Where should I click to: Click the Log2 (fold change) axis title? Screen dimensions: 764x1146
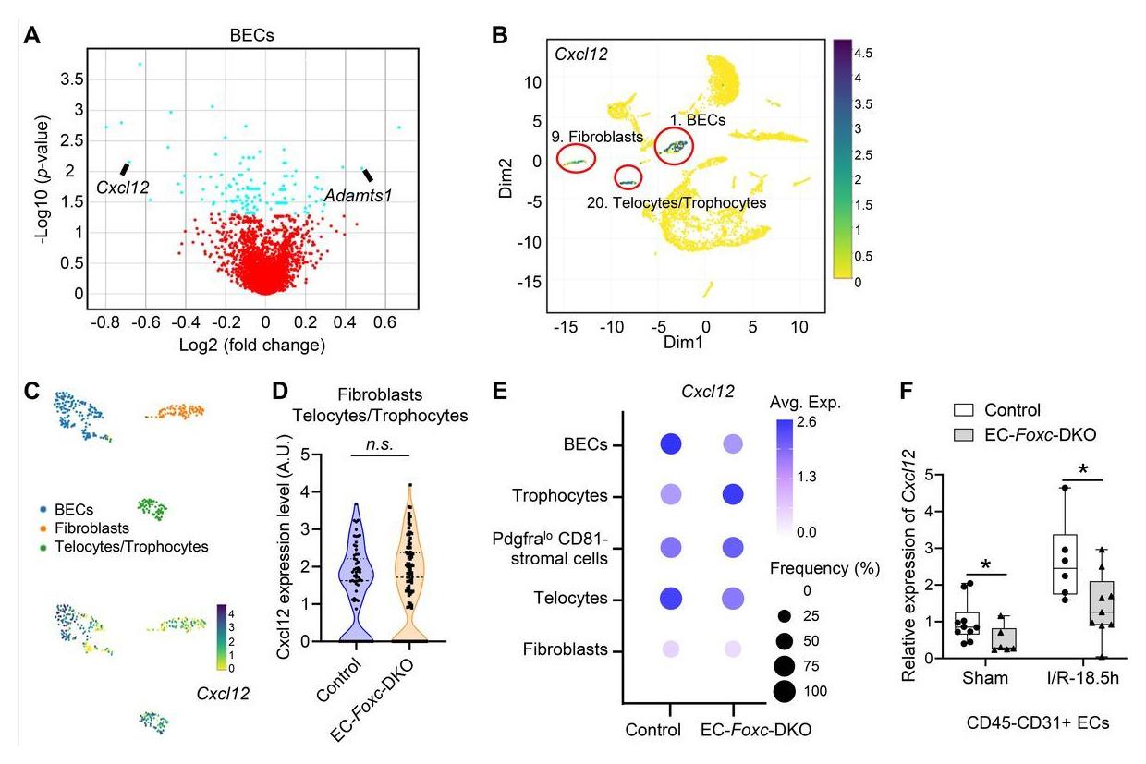tap(265, 346)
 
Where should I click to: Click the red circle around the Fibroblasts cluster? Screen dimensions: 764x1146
tap(578, 160)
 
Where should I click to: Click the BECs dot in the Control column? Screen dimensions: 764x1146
tap(671, 445)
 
